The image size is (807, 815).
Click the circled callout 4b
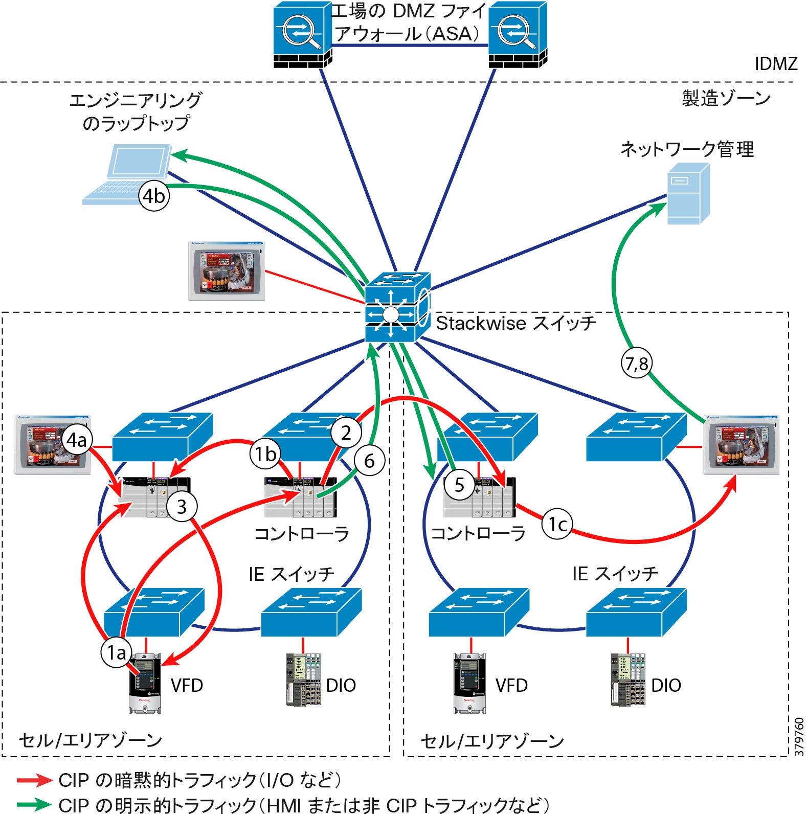point(154,195)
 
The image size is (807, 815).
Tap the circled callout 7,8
point(637,364)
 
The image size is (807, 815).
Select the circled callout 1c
point(557,524)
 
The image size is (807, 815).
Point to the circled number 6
point(369,461)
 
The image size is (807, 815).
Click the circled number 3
point(182,507)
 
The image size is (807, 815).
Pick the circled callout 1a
point(117,652)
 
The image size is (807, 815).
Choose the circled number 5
point(459,484)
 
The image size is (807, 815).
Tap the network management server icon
point(688,193)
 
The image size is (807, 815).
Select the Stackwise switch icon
point(397,307)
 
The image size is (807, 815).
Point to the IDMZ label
point(776,64)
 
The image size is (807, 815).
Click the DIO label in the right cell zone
point(666,685)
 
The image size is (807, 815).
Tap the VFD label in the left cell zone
point(187,685)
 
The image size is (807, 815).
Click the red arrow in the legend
point(34,780)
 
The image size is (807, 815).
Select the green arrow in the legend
point(34,804)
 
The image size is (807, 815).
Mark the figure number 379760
point(799,736)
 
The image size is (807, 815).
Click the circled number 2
point(346,433)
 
